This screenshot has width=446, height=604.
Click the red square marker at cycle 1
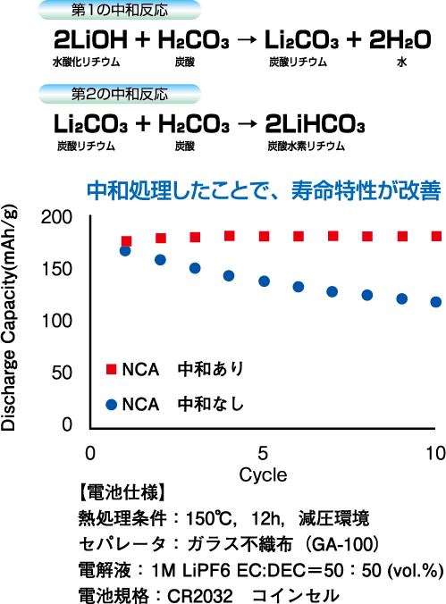click(126, 241)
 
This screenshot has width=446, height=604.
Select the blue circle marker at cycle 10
click(436, 302)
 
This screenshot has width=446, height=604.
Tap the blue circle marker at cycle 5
click(264, 281)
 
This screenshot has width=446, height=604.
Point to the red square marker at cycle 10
click(436, 236)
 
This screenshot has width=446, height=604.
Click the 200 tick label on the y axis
click(56, 217)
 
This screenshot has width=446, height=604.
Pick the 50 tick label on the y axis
click(62, 373)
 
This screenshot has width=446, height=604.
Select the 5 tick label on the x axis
click(263, 453)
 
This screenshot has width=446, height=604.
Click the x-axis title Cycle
click(263, 475)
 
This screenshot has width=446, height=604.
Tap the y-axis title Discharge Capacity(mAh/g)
click(8, 319)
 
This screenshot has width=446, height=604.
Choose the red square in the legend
click(111, 369)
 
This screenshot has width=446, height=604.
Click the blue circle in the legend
click(111, 405)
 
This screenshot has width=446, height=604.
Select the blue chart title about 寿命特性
click(264, 190)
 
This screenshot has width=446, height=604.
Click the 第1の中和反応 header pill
click(120, 10)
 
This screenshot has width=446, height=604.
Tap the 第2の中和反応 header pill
click(120, 94)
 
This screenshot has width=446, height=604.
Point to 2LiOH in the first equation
click(90, 40)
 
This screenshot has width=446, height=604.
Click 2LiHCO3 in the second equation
click(315, 124)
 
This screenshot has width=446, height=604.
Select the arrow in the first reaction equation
click(247, 40)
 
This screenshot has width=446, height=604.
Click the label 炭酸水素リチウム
click(306, 147)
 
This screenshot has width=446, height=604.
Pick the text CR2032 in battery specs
click(200, 596)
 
